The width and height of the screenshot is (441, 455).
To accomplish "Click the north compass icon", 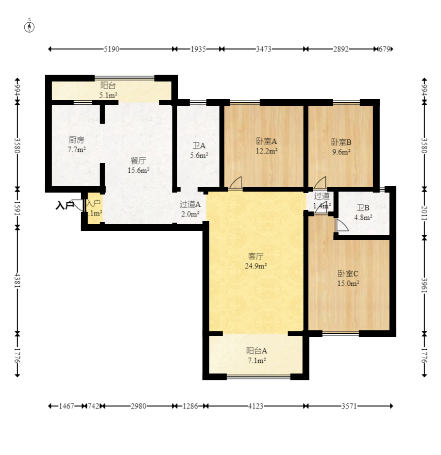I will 30,27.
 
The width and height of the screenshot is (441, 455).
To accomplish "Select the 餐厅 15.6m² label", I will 138,165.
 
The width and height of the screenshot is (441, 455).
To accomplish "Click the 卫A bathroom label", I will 199,150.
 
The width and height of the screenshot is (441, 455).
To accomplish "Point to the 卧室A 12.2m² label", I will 267,146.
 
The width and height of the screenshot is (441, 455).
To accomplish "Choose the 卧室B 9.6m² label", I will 341,146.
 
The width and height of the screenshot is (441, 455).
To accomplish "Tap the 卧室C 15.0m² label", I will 348,278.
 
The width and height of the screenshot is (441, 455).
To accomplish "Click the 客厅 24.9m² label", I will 256,260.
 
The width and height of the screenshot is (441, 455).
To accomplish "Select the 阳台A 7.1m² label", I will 256,355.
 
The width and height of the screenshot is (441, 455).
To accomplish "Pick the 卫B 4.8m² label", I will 363,212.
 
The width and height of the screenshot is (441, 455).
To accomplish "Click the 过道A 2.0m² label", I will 190,209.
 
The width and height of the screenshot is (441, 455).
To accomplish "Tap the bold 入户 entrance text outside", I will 64,206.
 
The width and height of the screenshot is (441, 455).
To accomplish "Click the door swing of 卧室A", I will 236,182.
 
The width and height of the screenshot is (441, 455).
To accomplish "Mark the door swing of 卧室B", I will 320,183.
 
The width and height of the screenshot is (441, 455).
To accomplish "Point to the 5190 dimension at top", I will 112,49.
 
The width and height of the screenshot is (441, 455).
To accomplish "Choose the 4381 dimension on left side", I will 17,280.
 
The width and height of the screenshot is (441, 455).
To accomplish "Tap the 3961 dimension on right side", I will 424,285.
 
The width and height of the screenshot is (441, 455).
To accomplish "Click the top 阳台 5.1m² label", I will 108,90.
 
